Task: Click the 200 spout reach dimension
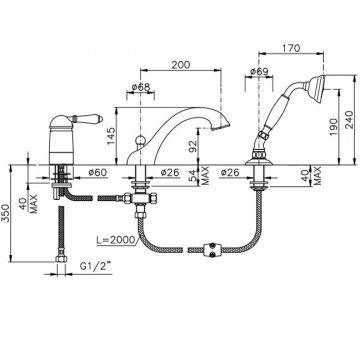181,65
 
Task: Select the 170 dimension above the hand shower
291,48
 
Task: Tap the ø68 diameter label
141,87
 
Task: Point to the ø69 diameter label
259,71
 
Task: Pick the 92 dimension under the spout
194,146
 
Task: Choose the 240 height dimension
347,120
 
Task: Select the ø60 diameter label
97,172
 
